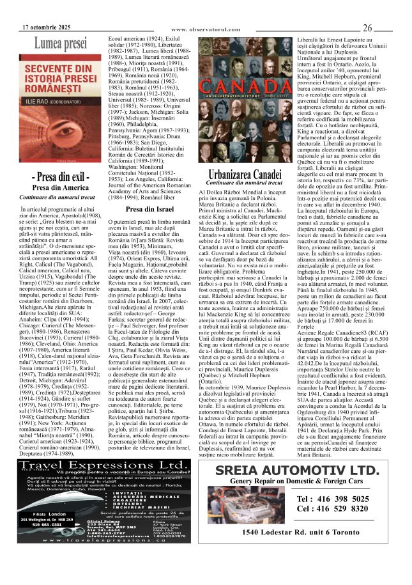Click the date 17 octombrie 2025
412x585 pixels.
(x=46, y=27)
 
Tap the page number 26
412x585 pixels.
(x=368, y=27)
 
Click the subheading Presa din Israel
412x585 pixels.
(x=149, y=209)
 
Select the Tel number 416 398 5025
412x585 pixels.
(x=332, y=499)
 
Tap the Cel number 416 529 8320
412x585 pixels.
(x=332, y=509)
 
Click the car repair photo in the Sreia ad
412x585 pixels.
(x=243, y=505)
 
